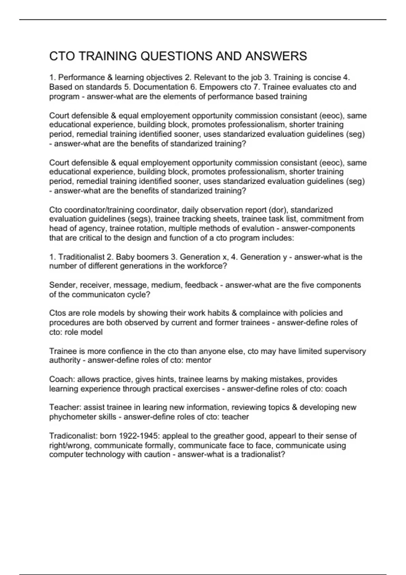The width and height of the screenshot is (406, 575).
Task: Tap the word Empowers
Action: click(x=219, y=87)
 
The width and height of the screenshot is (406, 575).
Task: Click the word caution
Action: click(x=155, y=454)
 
